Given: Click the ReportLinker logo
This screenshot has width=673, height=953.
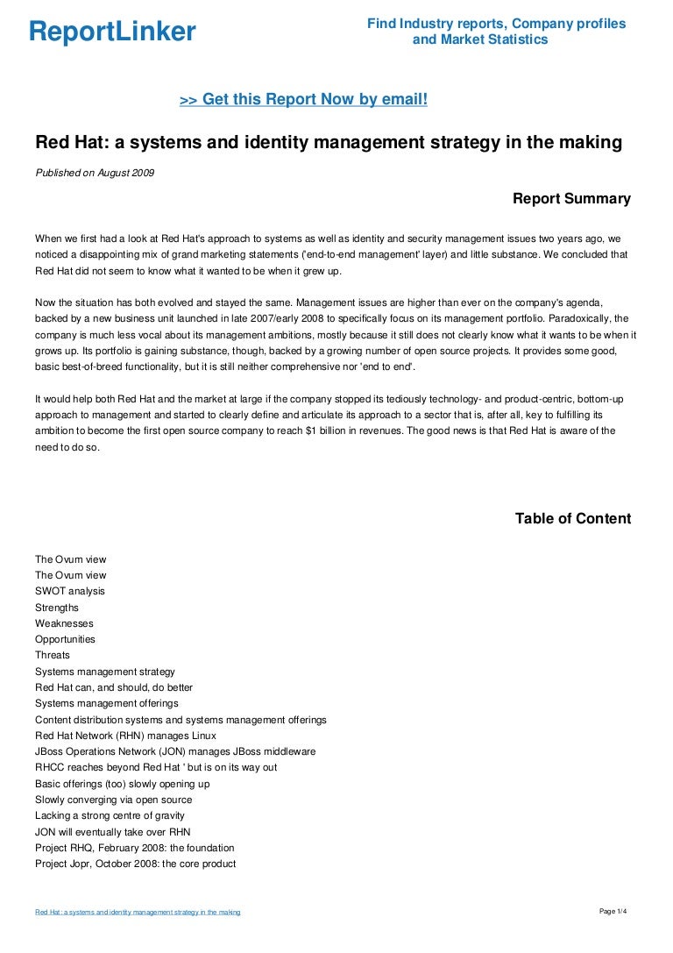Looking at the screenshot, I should tap(112, 32).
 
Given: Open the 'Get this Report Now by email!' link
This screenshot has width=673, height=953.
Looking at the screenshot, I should tap(303, 100).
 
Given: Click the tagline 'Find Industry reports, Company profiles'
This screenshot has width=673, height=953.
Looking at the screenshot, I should tap(496, 24).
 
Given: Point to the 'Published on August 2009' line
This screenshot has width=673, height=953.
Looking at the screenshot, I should tap(95, 173).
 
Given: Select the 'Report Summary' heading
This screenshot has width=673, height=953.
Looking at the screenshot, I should tap(571, 199).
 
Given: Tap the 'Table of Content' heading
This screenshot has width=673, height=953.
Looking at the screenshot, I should tap(572, 519).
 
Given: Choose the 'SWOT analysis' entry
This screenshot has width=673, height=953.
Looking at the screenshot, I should tap(70, 591).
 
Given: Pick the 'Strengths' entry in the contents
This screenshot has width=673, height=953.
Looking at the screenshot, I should tap(57, 608).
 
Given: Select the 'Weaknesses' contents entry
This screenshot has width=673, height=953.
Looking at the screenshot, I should tap(64, 623).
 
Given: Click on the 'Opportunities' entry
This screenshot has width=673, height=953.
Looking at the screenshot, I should tap(66, 639).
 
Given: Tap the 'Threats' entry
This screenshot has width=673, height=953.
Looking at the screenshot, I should tap(53, 655).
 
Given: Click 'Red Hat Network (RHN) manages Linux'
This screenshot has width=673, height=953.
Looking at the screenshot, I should tap(125, 736).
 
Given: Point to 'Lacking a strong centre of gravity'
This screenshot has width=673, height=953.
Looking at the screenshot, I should tap(110, 815).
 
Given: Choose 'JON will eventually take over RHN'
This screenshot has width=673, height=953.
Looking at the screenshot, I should tap(113, 831).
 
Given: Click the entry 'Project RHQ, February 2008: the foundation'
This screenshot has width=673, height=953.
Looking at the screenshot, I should tap(135, 848).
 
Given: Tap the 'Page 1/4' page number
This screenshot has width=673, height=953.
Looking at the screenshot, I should tap(613, 912).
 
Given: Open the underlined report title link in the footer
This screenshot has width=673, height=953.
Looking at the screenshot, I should tap(138, 913).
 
